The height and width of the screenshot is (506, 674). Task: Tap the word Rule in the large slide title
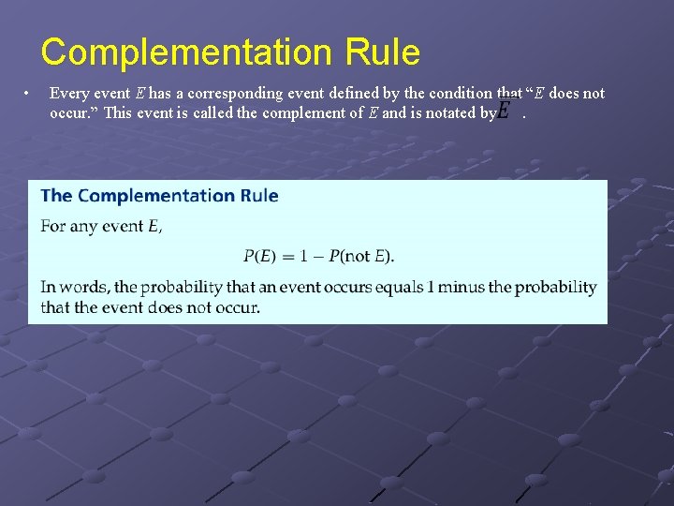(x=384, y=52)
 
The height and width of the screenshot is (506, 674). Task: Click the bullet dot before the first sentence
(x=30, y=93)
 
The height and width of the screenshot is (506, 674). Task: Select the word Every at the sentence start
(x=67, y=93)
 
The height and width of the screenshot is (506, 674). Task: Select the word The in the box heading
(x=56, y=196)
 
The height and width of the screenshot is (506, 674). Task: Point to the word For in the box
(x=52, y=226)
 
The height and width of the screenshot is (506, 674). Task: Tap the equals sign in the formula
(x=292, y=256)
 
